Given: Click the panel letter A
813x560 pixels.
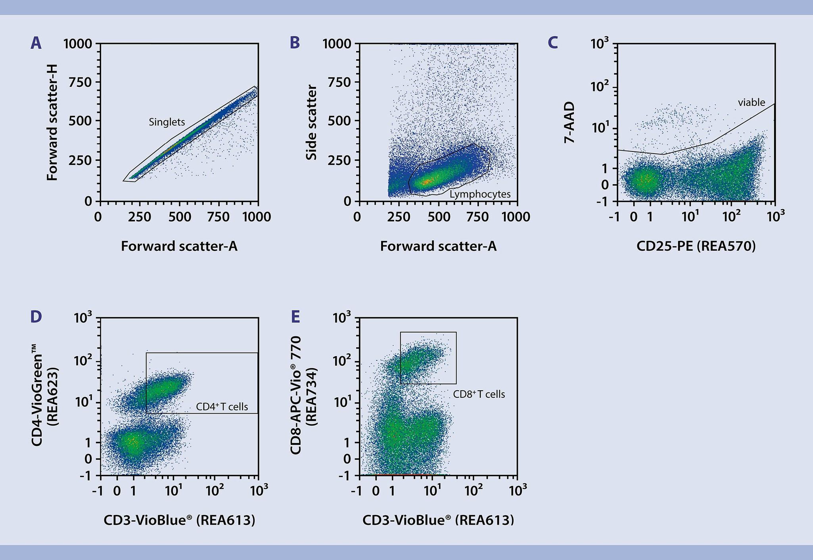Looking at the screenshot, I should tap(36, 43).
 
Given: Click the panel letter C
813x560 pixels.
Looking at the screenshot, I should tap(553, 43).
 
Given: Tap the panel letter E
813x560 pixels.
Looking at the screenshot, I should tap(295, 317).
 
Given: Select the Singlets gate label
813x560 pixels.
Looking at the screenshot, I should tap(167, 122).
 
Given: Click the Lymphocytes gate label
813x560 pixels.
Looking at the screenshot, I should tap(480, 194).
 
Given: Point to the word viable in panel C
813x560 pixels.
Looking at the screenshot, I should tap(751, 103).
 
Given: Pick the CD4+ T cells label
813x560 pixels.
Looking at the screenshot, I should tap(222, 406).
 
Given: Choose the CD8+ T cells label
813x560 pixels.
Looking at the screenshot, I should tap(478, 394).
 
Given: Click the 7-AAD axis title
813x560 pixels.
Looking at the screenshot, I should tap(569, 122).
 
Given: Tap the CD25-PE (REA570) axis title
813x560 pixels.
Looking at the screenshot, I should tap(696, 246).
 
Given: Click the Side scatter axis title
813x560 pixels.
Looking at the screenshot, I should tap(311, 122).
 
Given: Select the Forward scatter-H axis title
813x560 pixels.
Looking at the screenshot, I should tap(52, 122).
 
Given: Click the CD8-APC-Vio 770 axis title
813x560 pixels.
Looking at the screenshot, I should tap(296, 396).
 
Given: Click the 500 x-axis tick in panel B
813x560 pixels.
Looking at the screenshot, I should tap(439, 217).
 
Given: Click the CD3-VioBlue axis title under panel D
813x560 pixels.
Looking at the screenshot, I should tap(179, 520).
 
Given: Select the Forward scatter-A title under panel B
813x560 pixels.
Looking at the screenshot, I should tap(438, 246).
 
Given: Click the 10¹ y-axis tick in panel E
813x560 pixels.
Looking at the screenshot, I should tap(342, 401).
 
